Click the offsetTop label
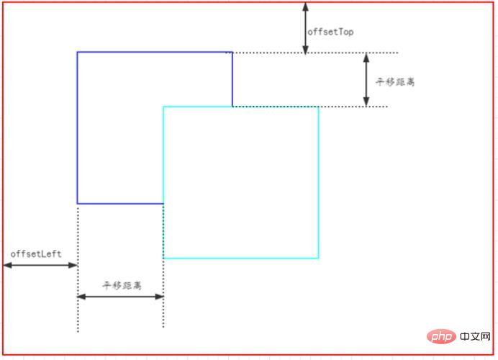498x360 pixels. pyautogui.click(x=330, y=32)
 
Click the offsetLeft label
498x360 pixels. pyautogui.click(x=36, y=254)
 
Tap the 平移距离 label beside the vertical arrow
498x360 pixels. pyautogui.click(x=395, y=82)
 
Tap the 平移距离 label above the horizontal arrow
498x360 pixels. pyautogui.click(x=122, y=286)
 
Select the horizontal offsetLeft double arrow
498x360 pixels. pyautogui.click(x=40, y=266)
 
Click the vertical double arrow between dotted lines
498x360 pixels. pyautogui.click(x=366, y=80)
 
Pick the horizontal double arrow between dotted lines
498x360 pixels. pyautogui.click(x=120, y=297)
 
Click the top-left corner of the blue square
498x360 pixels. pyautogui.click(x=78, y=53)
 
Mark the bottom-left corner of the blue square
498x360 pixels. pyautogui.click(x=78, y=204)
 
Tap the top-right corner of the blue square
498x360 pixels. pyautogui.click(x=232, y=53)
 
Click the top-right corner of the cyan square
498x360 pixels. pyautogui.click(x=318, y=107)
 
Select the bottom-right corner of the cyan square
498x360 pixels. pyautogui.click(x=318, y=258)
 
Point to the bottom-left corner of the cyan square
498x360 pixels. pyautogui.click(x=163, y=258)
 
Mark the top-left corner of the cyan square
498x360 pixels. pyautogui.click(x=163, y=107)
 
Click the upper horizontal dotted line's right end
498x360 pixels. pyautogui.click(x=397, y=53)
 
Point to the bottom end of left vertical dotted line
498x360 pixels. pyautogui.click(x=78, y=332)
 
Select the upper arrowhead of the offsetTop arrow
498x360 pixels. pyautogui.click(x=305, y=5)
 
